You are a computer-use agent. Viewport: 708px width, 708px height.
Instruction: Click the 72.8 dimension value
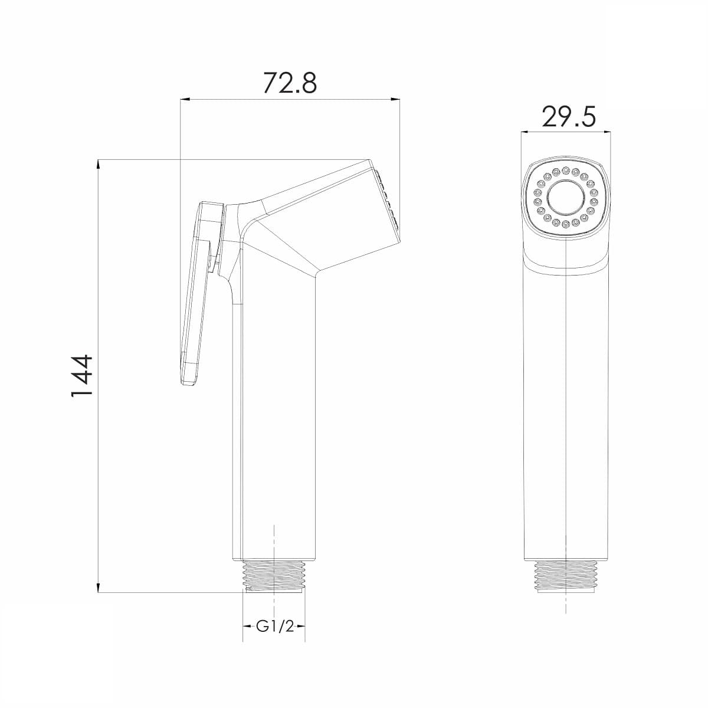(x=290, y=83)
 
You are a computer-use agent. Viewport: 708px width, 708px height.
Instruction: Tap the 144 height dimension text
(x=81, y=375)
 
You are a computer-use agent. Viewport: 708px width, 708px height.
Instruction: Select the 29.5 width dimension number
(x=569, y=117)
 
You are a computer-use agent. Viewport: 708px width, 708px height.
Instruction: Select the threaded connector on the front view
(x=566, y=581)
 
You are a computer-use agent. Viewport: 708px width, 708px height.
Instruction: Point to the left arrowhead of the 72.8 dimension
(x=185, y=99)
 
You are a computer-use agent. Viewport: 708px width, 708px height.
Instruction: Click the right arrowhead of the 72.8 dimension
(x=395, y=99)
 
